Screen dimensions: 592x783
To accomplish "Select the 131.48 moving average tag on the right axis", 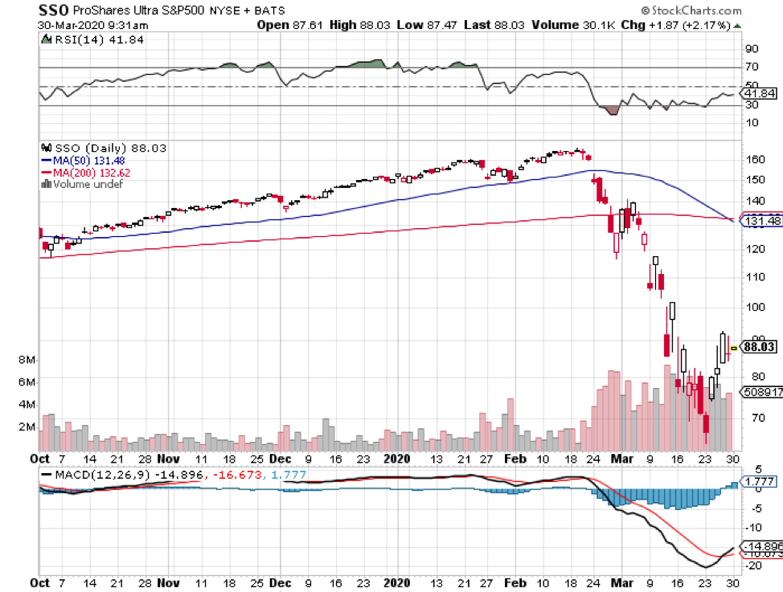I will [762, 221].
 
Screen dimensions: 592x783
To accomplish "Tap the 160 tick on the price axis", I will [752, 160].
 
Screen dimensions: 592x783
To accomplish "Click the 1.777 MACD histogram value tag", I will [759, 482].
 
